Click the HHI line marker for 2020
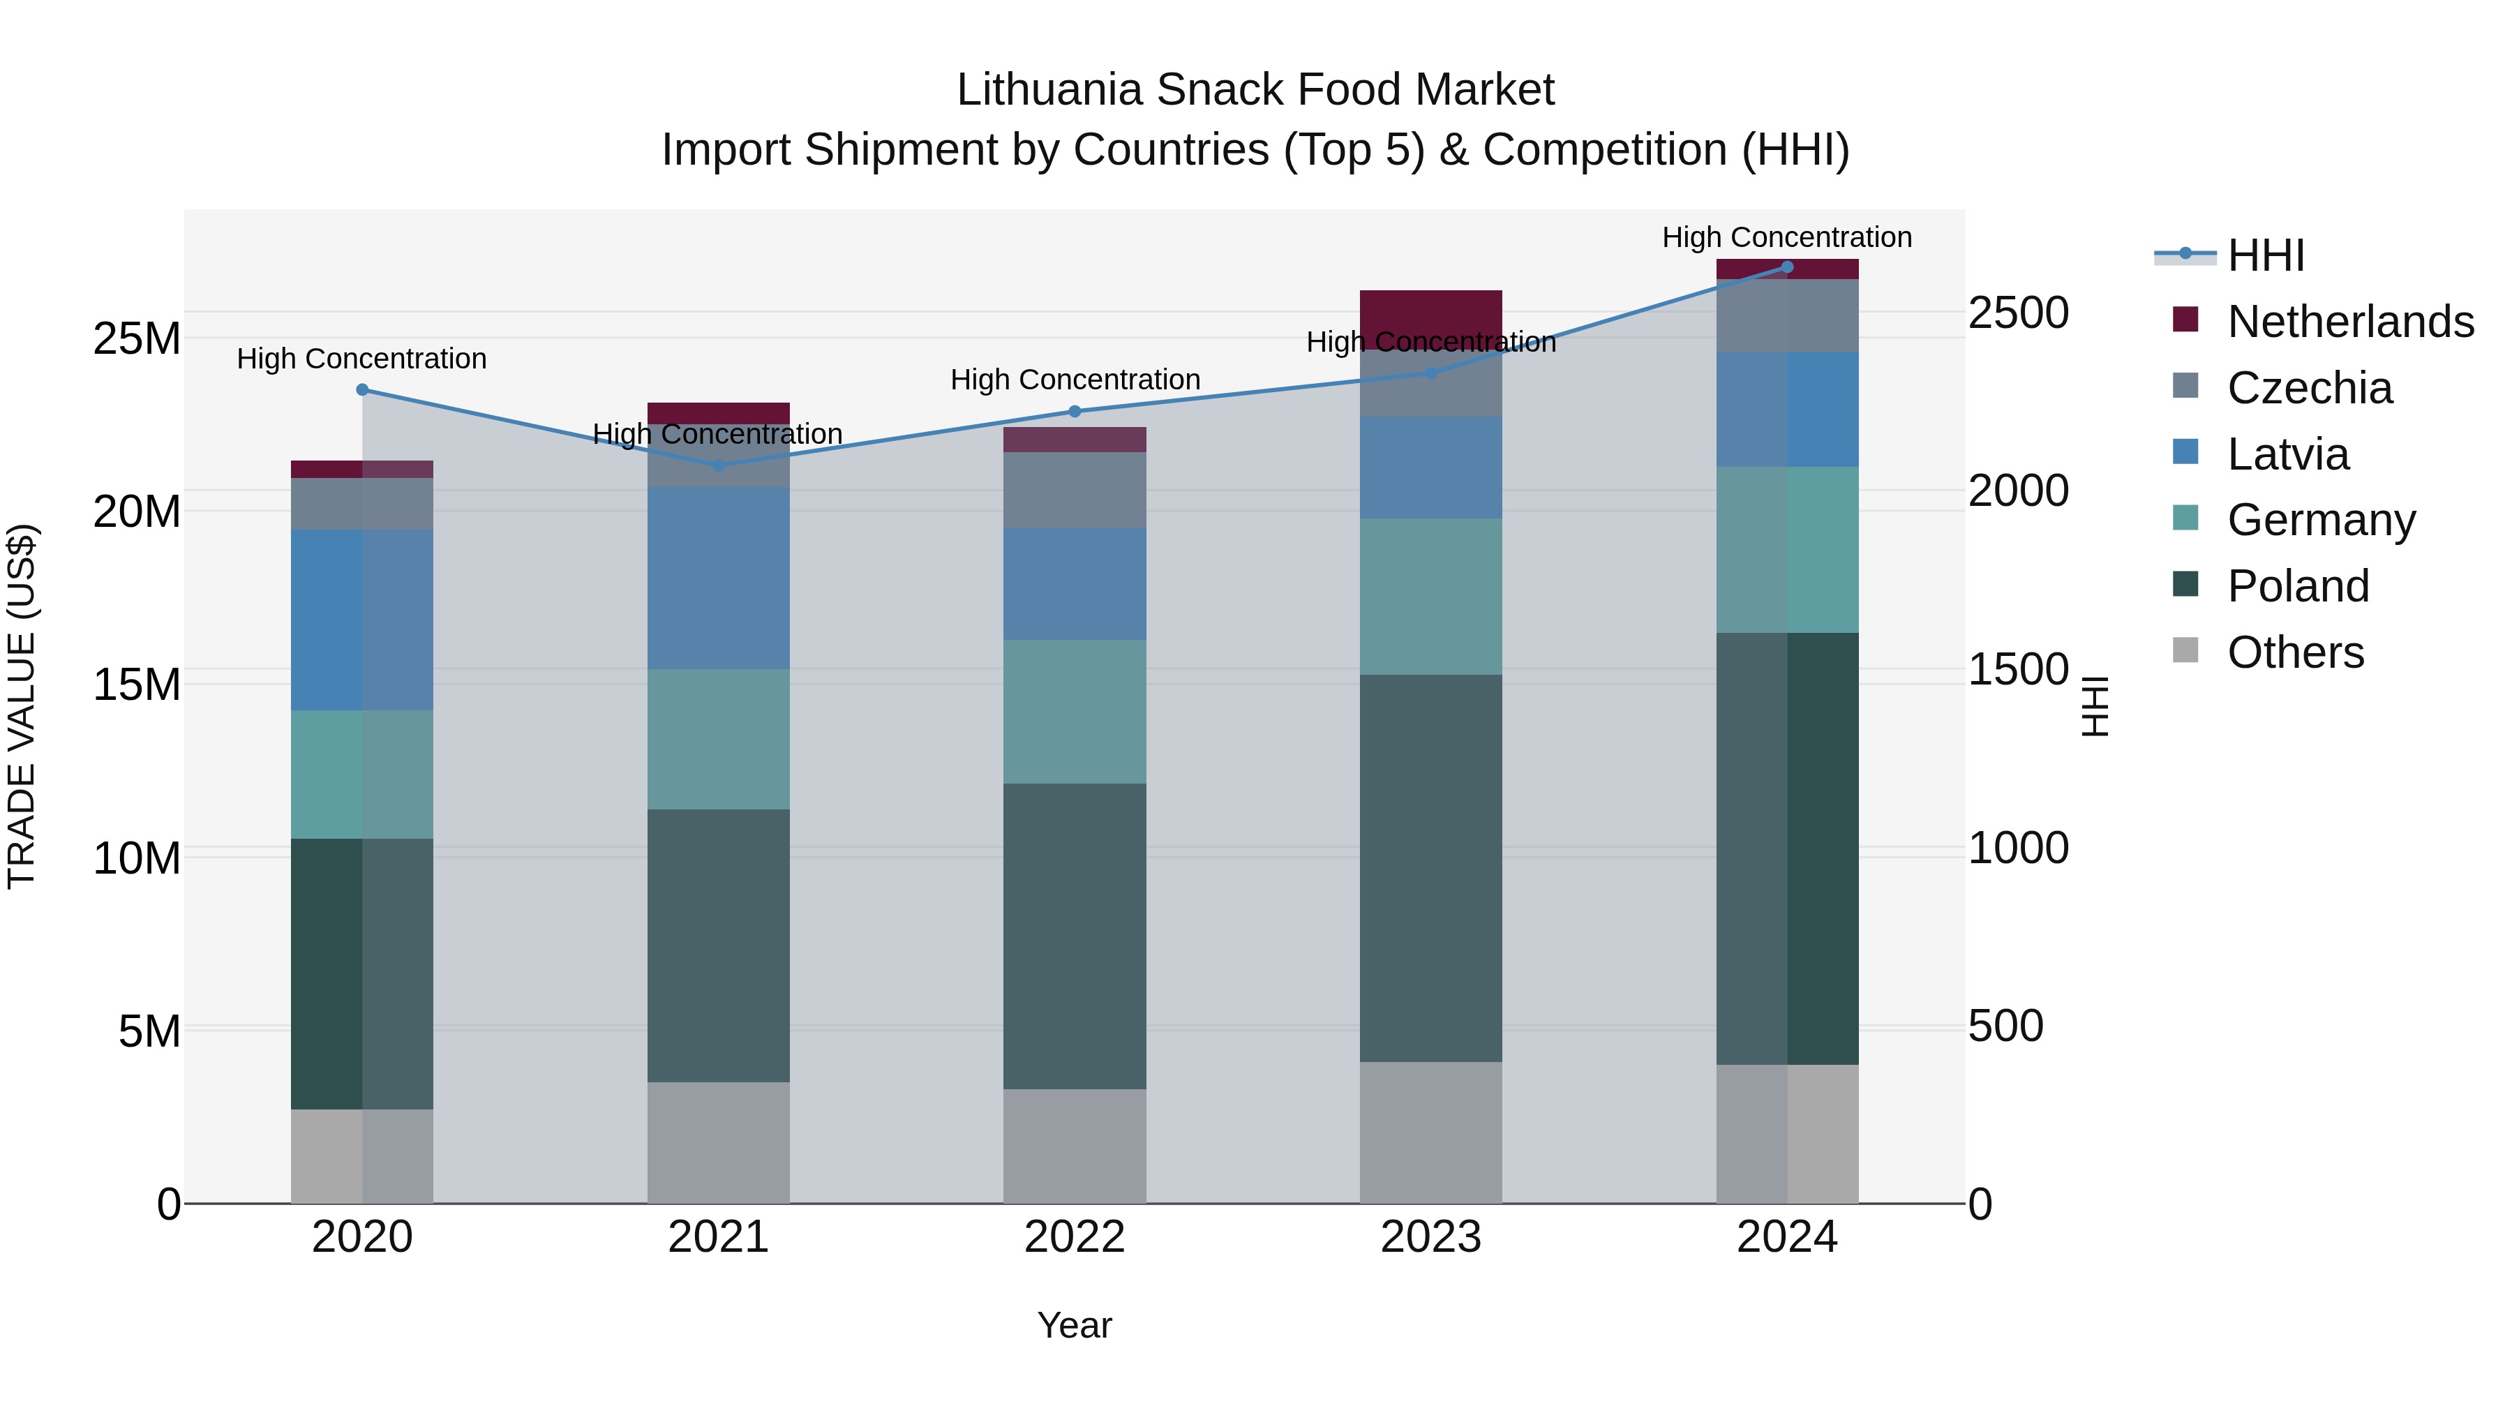coord(361,389)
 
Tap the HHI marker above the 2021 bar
coord(719,465)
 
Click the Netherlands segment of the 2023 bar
coord(1430,319)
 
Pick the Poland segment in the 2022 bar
coord(1075,936)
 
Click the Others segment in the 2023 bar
coord(1430,1132)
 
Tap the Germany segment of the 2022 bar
coord(1075,711)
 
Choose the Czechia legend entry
coord(2308,388)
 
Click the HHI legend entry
coord(2264,255)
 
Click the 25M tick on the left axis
coord(137,339)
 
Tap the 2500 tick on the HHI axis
coord(2017,313)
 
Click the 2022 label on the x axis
coord(1075,1237)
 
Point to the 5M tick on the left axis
coord(149,1031)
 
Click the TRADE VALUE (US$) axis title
coord(22,706)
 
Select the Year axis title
coord(1075,1325)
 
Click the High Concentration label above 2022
coord(1075,380)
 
